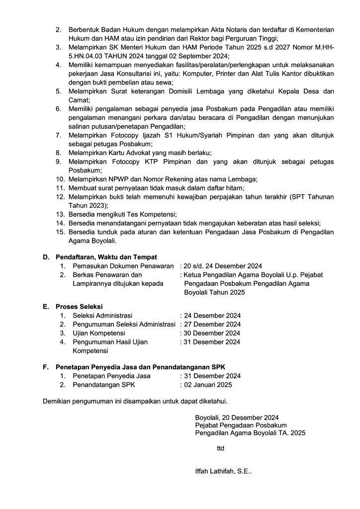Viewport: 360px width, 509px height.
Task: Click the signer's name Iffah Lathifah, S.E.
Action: click(223, 472)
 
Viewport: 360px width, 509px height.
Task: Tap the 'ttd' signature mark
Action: click(221, 449)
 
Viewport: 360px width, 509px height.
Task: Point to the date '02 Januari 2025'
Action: click(208, 385)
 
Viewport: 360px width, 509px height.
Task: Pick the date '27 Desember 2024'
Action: click(212, 324)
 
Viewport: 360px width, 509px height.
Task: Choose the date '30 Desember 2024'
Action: click(212, 333)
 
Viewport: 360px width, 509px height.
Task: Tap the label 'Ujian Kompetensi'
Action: click(98, 333)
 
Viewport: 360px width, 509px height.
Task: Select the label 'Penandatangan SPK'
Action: click(103, 385)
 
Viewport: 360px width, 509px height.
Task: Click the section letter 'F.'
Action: click(46, 367)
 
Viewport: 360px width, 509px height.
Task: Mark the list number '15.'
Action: click(60, 232)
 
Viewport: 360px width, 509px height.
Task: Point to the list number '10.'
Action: click(60, 179)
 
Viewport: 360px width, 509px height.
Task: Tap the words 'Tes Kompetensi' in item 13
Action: click(152, 214)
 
